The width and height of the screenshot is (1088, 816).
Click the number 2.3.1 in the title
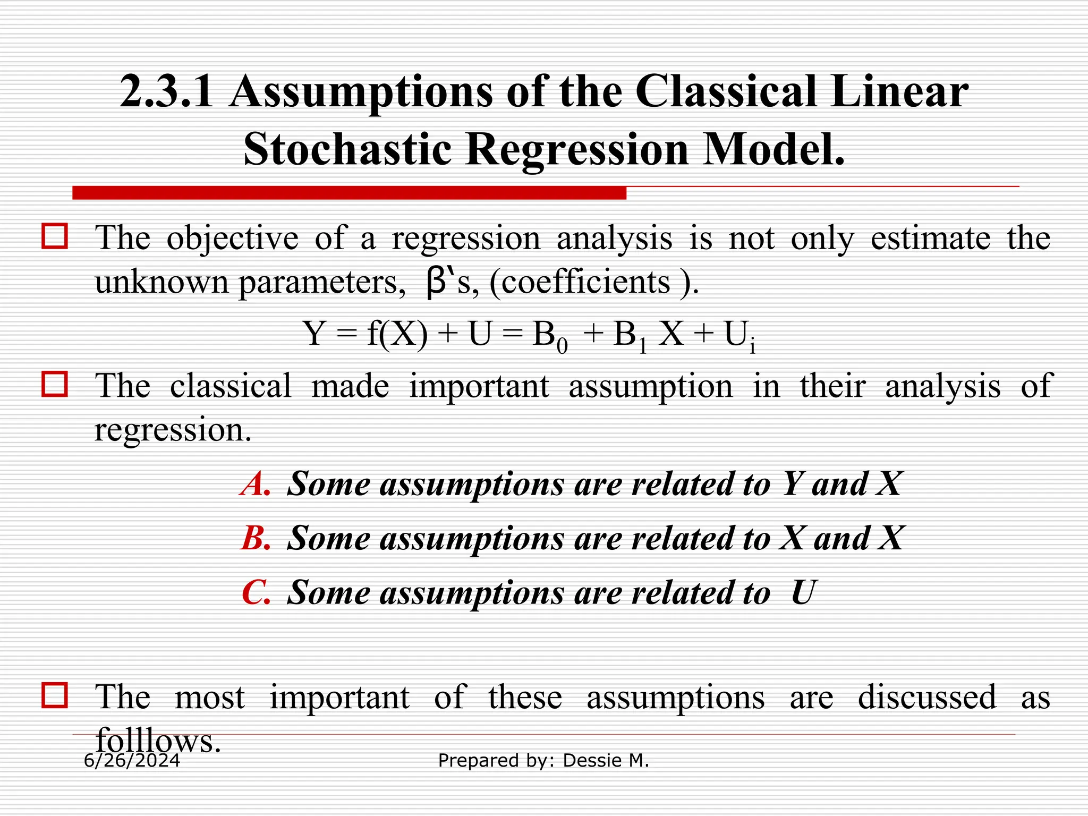coord(166,92)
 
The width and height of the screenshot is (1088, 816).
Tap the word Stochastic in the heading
coord(347,149)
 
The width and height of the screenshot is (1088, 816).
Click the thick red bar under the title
coord(349,193)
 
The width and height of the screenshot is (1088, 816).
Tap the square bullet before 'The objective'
coord(55,236)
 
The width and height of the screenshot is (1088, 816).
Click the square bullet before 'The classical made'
coord(55,384)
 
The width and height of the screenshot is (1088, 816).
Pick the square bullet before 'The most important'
coord(55,695)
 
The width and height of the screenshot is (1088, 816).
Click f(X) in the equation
coord(397,334)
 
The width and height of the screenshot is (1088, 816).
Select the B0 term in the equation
coord(550,336)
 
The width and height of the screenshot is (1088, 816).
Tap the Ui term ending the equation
coord(739,336)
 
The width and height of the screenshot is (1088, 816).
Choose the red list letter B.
coord(256,538)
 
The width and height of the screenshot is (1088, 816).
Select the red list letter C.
coord(256,592)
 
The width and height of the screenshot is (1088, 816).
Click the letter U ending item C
coord(802,592)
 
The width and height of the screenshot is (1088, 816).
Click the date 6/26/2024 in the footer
coord(132,761)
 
